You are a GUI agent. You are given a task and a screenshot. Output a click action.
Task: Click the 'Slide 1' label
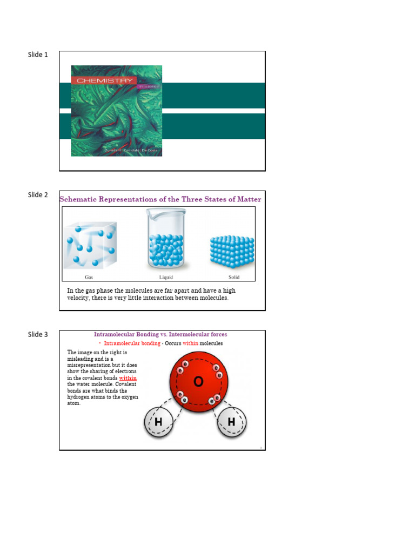tap(38, 55)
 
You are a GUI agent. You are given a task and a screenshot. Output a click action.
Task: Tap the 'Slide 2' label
tap(38, 195)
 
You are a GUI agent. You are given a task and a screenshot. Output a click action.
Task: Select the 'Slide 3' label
tap(38, 335)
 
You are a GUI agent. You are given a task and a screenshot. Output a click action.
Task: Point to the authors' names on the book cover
tap(132, 151)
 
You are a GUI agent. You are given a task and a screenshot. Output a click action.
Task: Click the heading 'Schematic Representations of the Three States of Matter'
tap(160, 199)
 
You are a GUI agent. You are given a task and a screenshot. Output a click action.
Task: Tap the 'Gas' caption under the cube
tap(89, 277)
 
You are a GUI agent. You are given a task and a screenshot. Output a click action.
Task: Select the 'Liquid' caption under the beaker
tap(166, 277)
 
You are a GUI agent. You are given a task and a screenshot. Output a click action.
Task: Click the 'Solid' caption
tap(234, 277)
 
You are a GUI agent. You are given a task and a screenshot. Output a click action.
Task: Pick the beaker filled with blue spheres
tap(166, 241)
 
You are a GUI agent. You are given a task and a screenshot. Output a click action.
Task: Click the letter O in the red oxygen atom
tap(198, 382)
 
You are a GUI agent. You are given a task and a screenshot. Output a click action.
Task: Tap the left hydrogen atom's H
tap(158, 422)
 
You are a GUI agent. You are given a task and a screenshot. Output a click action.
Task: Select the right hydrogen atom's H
tap(231, 422)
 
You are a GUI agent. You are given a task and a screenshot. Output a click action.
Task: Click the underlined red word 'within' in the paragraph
tap(128, 378)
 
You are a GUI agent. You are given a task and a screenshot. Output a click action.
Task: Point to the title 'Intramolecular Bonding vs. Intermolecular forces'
tap(160, 334)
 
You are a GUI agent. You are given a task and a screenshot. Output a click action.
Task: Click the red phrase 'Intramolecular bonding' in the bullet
tap(132, 343)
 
